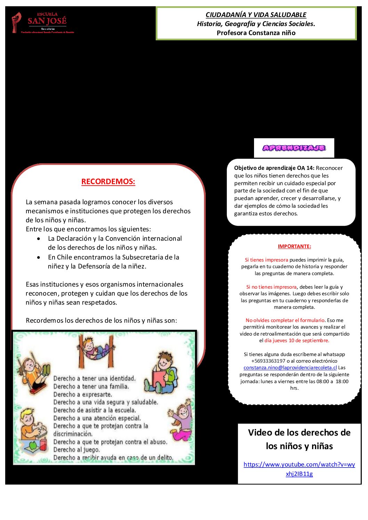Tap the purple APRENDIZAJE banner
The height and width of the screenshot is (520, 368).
(294, 148)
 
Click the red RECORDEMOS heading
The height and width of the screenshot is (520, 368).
(108, 181)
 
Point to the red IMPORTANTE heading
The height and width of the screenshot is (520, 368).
(294, 246)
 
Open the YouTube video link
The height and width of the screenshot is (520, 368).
(299, 469)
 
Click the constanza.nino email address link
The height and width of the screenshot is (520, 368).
(290, 368)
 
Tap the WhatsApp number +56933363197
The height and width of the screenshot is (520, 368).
(268, 361)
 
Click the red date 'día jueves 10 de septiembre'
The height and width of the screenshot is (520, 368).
(296, 340)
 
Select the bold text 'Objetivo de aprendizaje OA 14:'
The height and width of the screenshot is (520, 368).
(274, 168)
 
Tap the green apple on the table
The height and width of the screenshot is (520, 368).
(33, 445)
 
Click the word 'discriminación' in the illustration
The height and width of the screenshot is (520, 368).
(73, 434)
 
